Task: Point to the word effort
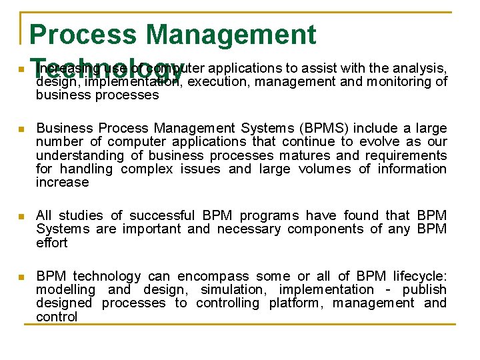coord(52,243)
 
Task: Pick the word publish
coord(424,289)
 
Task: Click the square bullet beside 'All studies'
coord(21,216)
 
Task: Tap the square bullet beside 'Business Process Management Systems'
coord(21,129)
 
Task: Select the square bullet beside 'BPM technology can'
coord(21,277)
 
